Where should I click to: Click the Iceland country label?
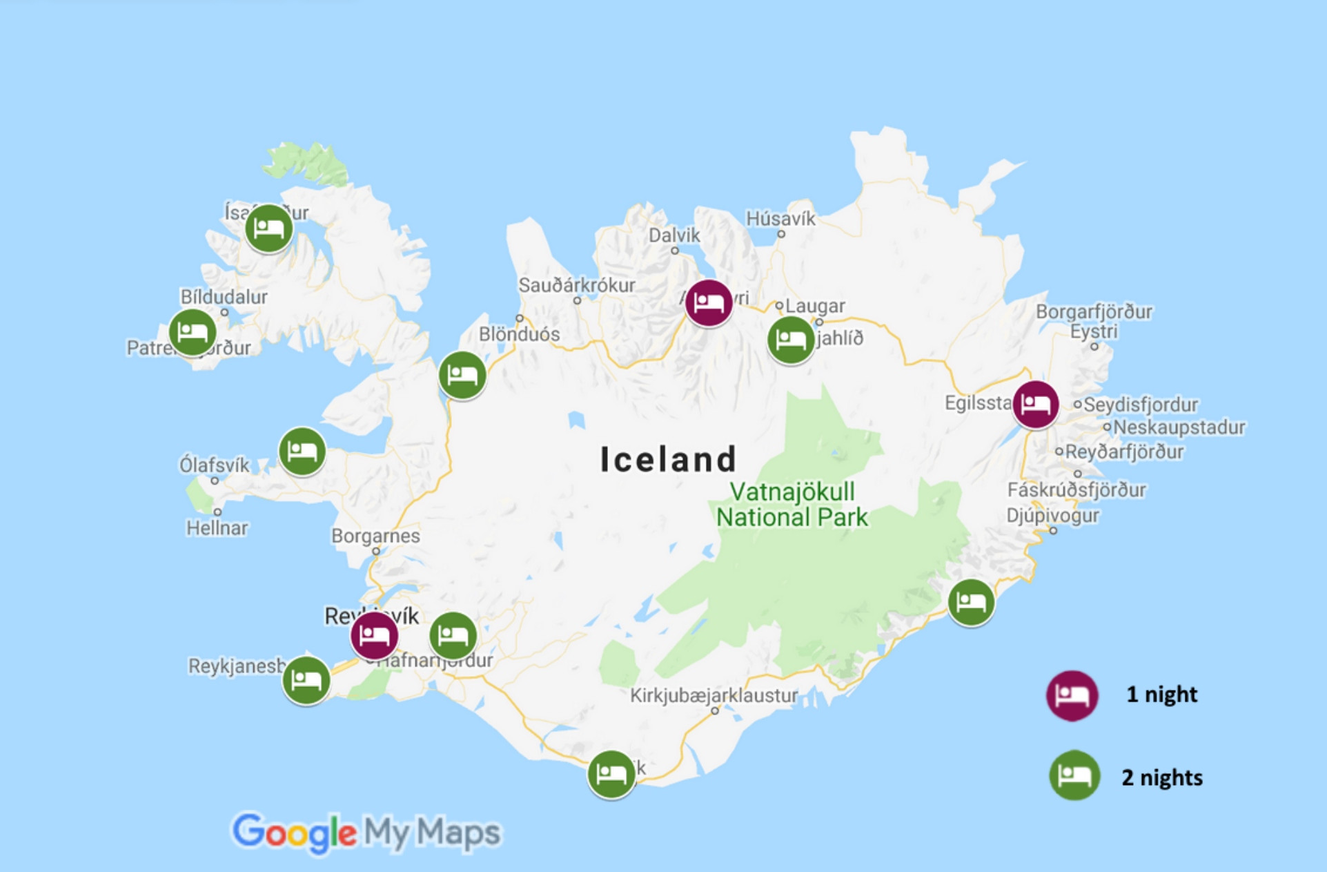click(x=668, y=460)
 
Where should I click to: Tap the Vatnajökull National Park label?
click(x=792, y=505)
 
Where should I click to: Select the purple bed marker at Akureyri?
click(x=709, y=303)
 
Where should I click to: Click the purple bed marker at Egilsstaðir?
click(x=1035, y=404)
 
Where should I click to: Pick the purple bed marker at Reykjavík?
click(x=374, y=634)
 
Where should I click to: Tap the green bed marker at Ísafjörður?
click(x=268, y=228)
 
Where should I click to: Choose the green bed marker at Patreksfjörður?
click(x=193, y=332)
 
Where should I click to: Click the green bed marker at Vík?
click(x=611, y=774)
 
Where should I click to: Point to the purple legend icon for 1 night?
click(x=1072, y=695)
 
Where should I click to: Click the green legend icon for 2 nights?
click(x=1074, y=775)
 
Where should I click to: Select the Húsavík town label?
click(x=780, y=219)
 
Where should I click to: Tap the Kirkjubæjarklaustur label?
click(x=714, y=695)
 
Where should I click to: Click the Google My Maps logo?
click(x=366, y=832)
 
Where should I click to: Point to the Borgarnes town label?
click(x=375, y=536)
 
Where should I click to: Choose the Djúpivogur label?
click(x=1052, y=515)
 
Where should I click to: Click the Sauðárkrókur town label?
click(x=577, y=285)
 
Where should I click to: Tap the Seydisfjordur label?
click(x=1140, y=405)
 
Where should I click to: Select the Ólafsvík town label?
click(x=215, y=465)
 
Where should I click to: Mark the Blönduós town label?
click(x=519, y=334)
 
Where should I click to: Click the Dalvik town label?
click(x=674, y=235)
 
